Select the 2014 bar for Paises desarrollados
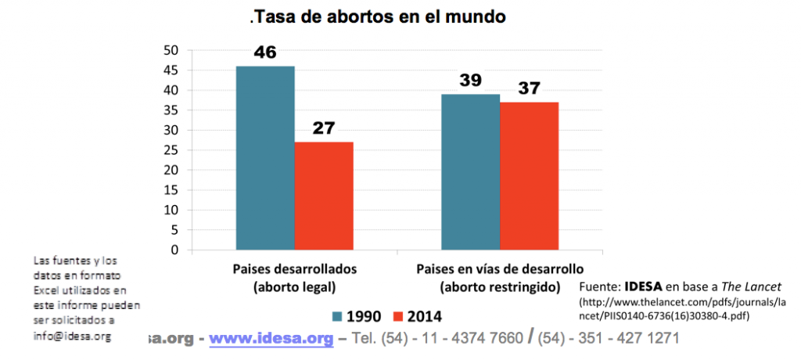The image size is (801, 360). pos(324,196)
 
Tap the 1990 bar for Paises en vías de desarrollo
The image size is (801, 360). pos(470,172)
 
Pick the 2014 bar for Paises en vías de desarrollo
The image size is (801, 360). pos(530,176)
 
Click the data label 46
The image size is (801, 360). pos(265,54)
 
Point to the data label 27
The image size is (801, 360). pos(323,128)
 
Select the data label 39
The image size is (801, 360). pos(470,81)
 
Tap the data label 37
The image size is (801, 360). pos(530,88)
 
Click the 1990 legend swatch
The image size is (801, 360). pos(338,317)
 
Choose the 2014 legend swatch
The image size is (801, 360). pos(397,317)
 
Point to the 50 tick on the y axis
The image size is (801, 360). pos(171,50)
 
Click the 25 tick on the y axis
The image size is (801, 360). pos(171,150)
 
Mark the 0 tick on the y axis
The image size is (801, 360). pos(175,250)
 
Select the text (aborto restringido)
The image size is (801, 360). pos(501,286)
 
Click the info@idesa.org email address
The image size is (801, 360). pos(72,336)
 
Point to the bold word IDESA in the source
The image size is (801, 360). pos(645,286)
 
